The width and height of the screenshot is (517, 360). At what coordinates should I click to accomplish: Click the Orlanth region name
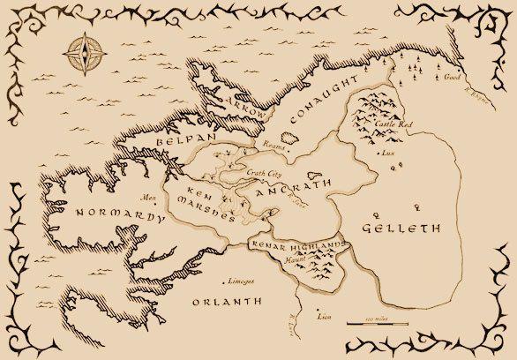click(228, 301)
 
